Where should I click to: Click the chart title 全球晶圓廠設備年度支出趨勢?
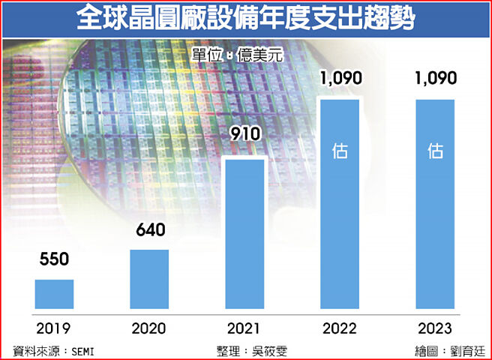coord(246,18)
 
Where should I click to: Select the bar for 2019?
coord(54,294)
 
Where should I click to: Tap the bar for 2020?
coord(149,279)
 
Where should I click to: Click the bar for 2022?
coord(340,204)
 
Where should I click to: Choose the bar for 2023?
coord(435,204)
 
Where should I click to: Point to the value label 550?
coord(54,260)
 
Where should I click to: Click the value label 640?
coord(150,230)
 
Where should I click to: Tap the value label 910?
coord(245,135)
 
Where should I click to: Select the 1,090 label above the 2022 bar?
coord(340,77)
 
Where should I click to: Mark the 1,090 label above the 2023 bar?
coord(436,77)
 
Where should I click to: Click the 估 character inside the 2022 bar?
coord(340,151)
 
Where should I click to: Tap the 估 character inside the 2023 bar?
coord(435,151)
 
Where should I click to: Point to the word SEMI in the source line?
coord(84,350)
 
